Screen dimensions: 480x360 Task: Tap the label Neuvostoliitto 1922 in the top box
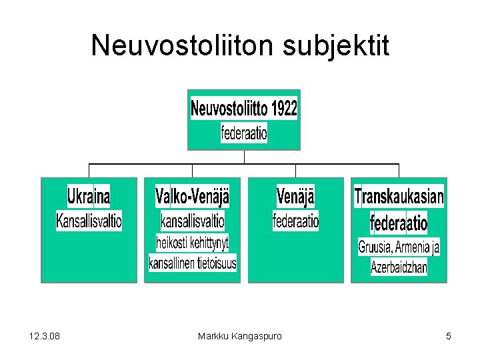pos(244,108)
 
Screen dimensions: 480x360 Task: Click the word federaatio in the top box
pos(244,133)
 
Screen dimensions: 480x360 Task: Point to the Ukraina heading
pos(89,197)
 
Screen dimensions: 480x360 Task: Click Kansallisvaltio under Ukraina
pos(89,221)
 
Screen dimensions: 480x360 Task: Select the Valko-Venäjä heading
pos(192,197)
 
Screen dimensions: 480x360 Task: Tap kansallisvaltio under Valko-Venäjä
pos(193,220)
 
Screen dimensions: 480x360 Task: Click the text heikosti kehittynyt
pos(193,241)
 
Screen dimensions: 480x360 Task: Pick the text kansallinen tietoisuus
pos(193,263)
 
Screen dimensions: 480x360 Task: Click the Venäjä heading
pos(295,197)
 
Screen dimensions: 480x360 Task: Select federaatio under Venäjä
pos(296,220)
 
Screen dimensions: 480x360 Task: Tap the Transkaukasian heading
pos(399,197)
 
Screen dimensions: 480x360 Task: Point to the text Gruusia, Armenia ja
pos(399,247)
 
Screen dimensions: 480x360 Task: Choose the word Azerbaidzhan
pos(399,268)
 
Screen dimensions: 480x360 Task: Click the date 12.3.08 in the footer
pos(45,336)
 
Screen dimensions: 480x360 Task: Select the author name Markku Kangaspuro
pos(239,336)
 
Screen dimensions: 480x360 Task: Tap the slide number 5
pos(449,336)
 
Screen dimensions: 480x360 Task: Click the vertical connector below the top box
pos(244,157)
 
